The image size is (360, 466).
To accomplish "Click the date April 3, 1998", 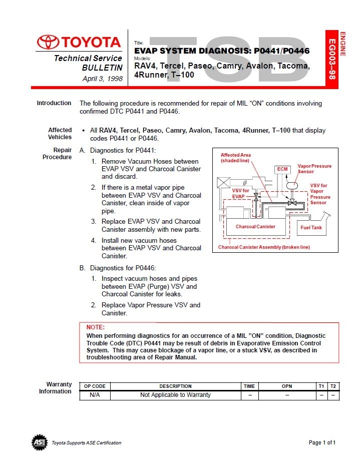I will click(102, 79).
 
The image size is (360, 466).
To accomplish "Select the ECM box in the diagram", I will click(282, 169).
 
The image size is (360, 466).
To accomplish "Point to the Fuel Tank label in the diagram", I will click(311, 228).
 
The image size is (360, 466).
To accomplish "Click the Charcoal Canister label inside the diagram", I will click(255, 227).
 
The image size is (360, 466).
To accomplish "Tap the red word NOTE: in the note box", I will click(96, 327).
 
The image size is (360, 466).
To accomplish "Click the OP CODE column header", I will click(95, 386).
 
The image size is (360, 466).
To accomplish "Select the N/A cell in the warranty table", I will click(95, 395).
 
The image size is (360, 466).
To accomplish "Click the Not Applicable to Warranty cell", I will click(175, 395).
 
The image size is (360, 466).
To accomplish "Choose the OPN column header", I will click(287, 386).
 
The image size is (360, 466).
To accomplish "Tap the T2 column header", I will click(333, 386).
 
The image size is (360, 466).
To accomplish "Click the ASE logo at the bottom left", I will click(40, 442).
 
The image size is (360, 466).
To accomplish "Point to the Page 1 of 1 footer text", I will click(322, 442).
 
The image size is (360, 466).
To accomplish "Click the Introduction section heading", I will click(54, 103).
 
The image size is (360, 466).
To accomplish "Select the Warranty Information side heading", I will click(56, 388).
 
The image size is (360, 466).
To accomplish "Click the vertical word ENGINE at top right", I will click(343, 44).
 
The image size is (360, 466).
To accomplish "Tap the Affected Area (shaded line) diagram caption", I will click(236, 158).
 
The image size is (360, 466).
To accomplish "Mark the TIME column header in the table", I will click(249, 386).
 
